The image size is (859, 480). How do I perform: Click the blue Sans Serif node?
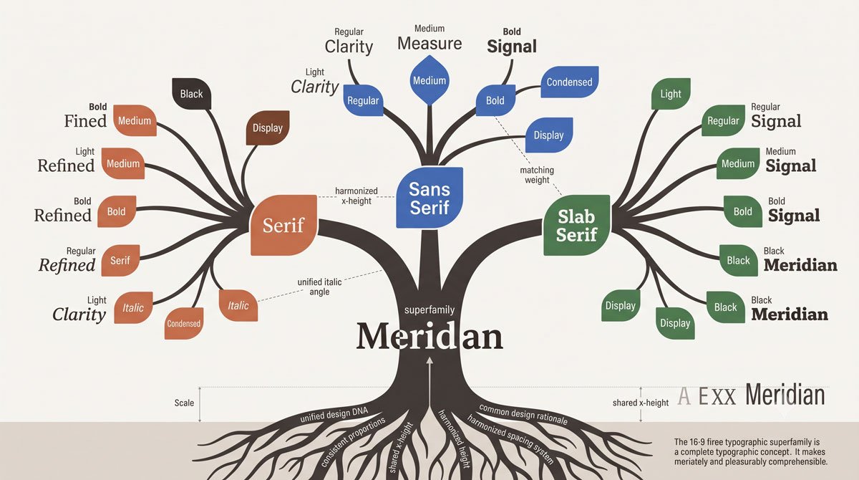[x=429, y=198]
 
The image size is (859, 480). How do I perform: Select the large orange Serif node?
[x=283, y=225]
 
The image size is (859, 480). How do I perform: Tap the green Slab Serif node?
[x=576, y=225]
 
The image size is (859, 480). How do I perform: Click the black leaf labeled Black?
[x=191, y=94]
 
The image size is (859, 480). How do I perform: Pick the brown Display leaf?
[x=268, y=128]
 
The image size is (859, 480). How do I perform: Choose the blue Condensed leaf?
[x=570, y=82]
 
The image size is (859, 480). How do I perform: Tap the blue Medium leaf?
[x=429, y=80]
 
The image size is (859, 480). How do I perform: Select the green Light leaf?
[x=671, y=94]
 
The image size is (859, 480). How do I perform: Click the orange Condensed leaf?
[x=184, y=323]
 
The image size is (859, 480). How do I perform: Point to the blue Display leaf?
[x=549, y=135]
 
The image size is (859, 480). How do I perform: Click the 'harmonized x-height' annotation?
[x=356, y=196]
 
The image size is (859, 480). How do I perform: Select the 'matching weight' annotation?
[x=537, y=175]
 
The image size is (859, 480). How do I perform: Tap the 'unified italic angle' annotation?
[x=319, y=287]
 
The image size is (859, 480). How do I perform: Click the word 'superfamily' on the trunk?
[x=429, y=309]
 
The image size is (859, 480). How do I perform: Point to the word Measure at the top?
[x=429, y=44]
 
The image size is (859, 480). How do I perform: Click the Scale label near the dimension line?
[x=184, y=403]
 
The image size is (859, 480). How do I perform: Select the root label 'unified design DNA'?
[x=334, y=414]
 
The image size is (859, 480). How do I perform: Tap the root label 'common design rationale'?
[x=523, y=414]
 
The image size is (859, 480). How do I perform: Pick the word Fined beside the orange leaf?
[x=85, y=121]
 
